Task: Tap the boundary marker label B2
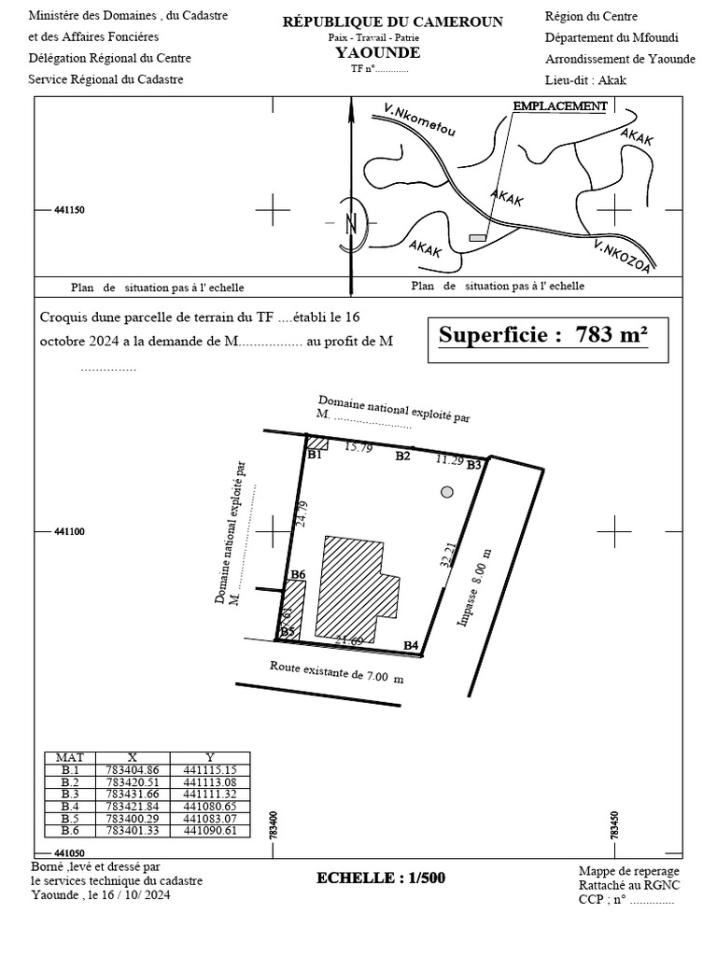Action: point(402,457)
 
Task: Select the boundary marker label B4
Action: point(411,645)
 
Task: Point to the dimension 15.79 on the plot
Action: point(358,448)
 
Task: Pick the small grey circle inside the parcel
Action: point(447,491)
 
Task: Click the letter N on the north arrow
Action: point(352,224)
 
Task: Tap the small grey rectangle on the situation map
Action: point(478,239)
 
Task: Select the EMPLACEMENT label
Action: point(560,106)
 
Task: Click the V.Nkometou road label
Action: point(419,122)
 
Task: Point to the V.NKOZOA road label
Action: point(621,257)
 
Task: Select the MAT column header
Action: point(70,757)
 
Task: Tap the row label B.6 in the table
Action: point(70,830)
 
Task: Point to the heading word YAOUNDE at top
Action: point(377,52)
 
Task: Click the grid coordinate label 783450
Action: point(615,824)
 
